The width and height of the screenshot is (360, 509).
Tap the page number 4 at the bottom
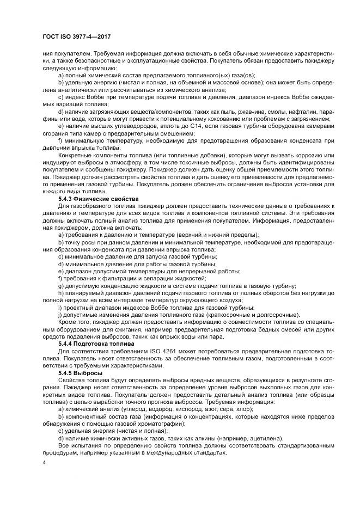(x=43, y=462)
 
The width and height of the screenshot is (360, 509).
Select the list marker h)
(x=60, y=293)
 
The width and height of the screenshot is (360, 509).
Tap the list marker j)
(x=59, y=314)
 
